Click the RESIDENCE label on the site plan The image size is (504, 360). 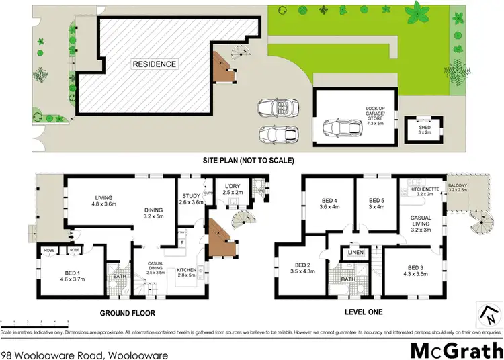tap(155, 64)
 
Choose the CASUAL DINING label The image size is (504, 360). tap(155, 269)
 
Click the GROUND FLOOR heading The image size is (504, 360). tap(128, 313)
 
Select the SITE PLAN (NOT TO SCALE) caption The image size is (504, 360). tap(249, 161)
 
